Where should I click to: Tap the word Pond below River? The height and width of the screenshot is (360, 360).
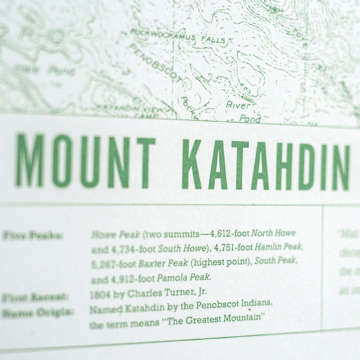[x=250, y=119]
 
